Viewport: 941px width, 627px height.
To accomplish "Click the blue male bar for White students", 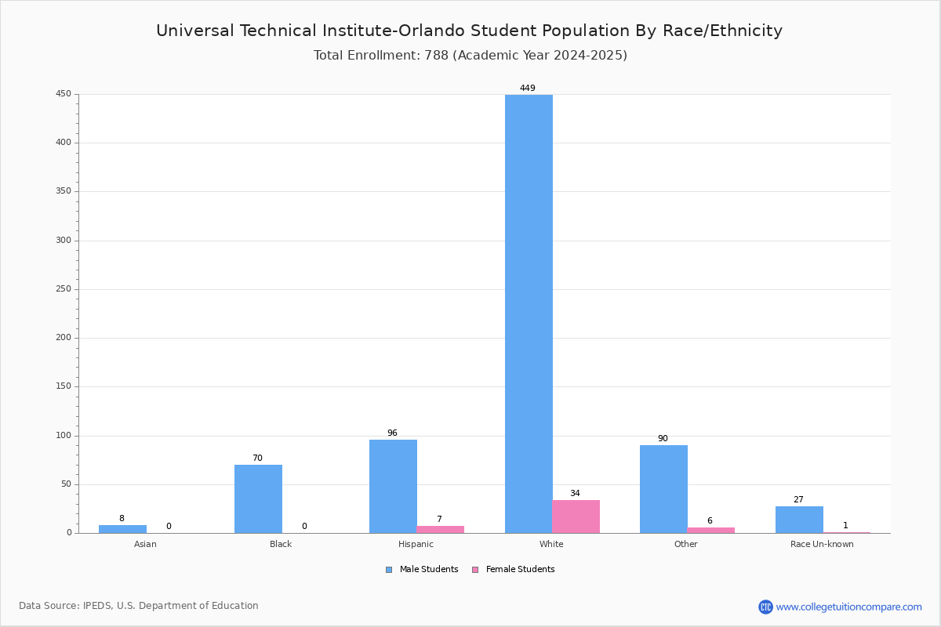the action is (529, 313).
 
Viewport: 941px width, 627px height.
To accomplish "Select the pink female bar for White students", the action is (576, 516).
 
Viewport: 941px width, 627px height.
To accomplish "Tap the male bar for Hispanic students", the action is (393, 486).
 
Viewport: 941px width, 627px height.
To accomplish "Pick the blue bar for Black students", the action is (258, 499).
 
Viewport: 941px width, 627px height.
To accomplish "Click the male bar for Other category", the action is (663, 489).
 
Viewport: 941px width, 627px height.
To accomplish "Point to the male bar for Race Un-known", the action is (799, 520).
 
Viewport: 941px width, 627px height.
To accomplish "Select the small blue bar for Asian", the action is (122, 529).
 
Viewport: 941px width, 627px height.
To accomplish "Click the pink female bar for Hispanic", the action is (440, 530).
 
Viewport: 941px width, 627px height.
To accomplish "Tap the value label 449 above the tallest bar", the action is (528, 89).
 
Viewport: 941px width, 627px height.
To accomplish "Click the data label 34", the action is (575, 494).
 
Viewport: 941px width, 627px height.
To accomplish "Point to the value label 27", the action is (798, 500).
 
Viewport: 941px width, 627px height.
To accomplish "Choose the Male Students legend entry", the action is (422, 570).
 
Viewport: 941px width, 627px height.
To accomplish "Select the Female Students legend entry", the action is (514, 570).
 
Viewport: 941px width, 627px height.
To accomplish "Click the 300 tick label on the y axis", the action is (64, 241).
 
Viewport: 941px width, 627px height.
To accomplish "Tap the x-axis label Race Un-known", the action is (822, 544).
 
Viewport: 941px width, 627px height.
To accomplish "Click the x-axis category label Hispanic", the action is (416, 544).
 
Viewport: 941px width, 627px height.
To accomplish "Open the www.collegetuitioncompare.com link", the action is (849, 607).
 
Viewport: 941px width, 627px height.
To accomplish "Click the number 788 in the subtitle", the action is (437, 55).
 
